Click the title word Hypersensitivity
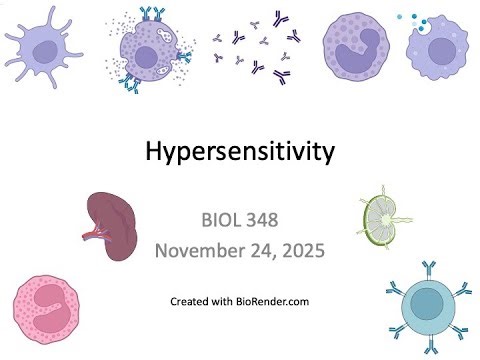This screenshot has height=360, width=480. (x=240, y=152)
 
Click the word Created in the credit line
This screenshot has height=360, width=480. (x=191, y=301)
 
